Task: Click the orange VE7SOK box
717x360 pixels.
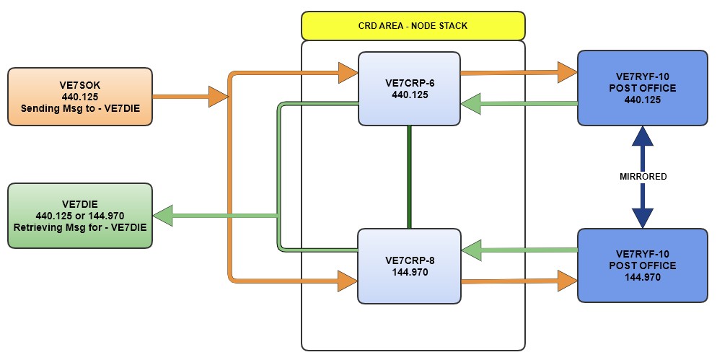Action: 79,97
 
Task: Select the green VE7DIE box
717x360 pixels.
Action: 79,215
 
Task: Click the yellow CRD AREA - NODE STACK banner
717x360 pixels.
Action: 412,25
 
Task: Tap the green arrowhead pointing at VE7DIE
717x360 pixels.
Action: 163,215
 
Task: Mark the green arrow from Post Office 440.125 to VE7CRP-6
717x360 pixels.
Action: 519,104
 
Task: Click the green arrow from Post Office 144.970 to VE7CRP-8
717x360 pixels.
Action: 519,250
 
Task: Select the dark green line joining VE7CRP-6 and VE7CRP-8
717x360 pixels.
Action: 410,177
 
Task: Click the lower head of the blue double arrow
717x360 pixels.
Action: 641,217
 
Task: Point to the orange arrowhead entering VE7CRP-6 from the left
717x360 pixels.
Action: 348,72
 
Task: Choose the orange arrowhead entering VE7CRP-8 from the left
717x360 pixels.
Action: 348,281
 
